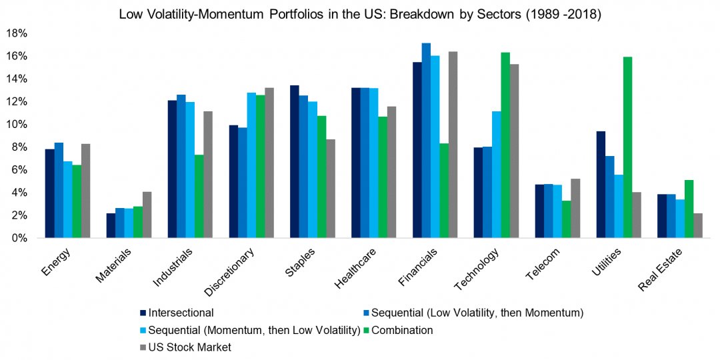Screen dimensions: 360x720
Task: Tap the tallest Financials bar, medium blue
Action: click(x=426, y=140)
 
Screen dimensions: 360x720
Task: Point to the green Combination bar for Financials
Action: click(x=444, y=191)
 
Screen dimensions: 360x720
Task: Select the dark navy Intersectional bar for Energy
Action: click(x=49, y=193)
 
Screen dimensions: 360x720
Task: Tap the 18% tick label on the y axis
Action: click(x=17, y=33)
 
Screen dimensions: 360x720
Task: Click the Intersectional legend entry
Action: click(x=181, y=312)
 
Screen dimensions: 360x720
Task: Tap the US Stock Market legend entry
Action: click(x=189, y=347)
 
